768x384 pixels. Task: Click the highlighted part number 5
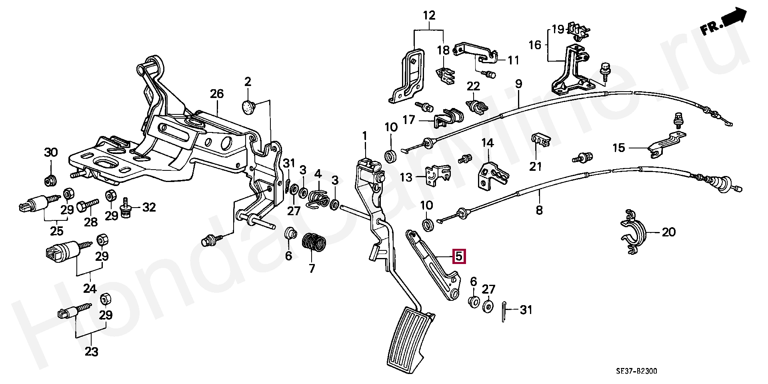(459, 256)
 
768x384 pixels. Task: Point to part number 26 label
(217, 94)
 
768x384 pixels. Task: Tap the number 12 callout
(429, 16)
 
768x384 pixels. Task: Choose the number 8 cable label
(539, 210)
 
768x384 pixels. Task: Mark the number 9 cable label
(518, 84)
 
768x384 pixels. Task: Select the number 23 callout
(92, 352)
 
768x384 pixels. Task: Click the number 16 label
(534, 44)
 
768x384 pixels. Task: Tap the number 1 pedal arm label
(365, 137)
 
